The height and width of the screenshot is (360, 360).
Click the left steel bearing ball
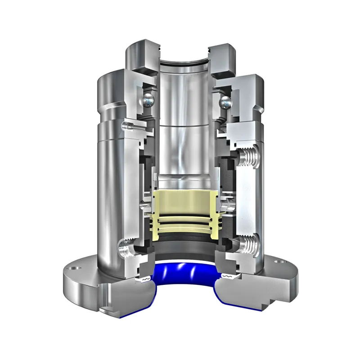(x=148, y=100)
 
